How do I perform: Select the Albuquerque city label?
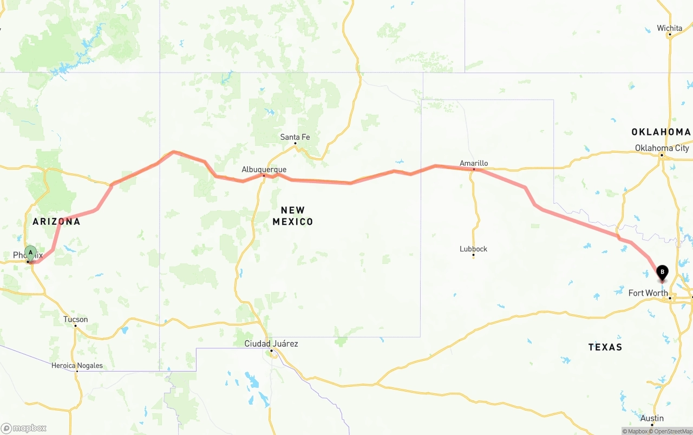pos(264,170)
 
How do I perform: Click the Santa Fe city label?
pos(295,137)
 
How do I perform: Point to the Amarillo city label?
pos(474,163)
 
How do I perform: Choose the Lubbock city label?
pos(473,249)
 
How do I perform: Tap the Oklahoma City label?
pos(662,148)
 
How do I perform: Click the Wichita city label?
pos(669,28)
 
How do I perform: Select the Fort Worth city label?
pos(648,293)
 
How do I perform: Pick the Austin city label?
pos(652,418)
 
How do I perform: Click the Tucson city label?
pos(76,320)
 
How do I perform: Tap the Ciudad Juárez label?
pos(271,344)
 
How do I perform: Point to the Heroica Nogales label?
pos(77,366)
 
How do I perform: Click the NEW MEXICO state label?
pos(293,216)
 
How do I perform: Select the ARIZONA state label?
pos(56,222)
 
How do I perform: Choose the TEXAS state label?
pos(605,347)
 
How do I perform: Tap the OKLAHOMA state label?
pos(661,132)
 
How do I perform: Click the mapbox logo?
pos(24,428)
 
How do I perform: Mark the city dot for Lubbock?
pos(473,256)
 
